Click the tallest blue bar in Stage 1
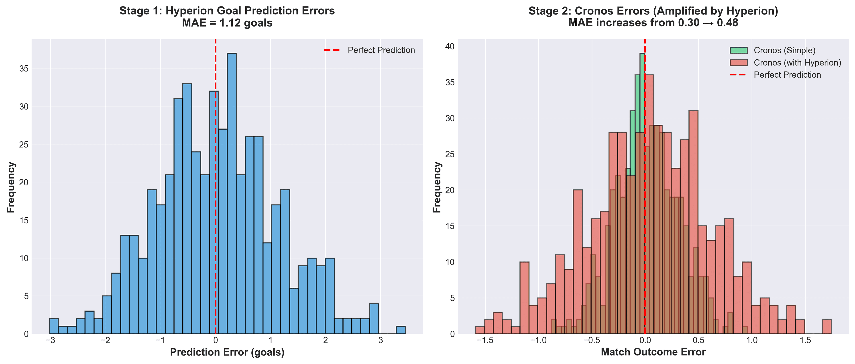(232, 193)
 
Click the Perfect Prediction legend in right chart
(787, 75)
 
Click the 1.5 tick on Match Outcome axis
(805, 340)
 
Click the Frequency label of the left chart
(11, 187)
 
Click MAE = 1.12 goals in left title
(227, 23)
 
